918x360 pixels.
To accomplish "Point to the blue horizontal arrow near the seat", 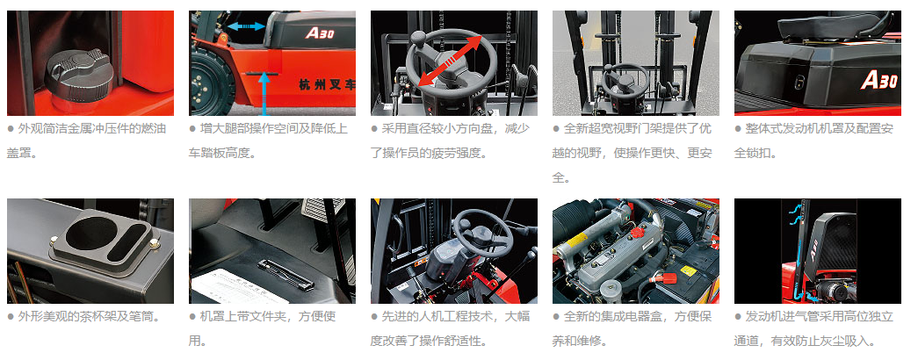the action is coord(246,25).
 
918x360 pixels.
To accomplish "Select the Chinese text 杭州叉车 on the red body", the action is coord(326,85).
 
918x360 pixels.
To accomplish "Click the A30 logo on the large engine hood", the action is coord(878,79).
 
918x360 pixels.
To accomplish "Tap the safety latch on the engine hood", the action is coord(799,83).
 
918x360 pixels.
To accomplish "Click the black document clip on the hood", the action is coord(285,274).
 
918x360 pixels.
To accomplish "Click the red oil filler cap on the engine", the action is coord(637,233).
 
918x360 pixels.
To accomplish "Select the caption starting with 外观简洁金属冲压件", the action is coord(88,141).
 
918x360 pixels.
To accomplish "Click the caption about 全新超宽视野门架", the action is coord(632,153).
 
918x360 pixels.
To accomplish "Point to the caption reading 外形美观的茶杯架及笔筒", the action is coord(83,317).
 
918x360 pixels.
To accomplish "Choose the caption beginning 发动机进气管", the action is coord(814,328).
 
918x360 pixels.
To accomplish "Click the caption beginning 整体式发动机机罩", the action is coord(814,141).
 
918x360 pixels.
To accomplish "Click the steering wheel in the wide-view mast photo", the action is coord(625,80).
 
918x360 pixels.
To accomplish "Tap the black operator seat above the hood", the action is coord(831,26).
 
